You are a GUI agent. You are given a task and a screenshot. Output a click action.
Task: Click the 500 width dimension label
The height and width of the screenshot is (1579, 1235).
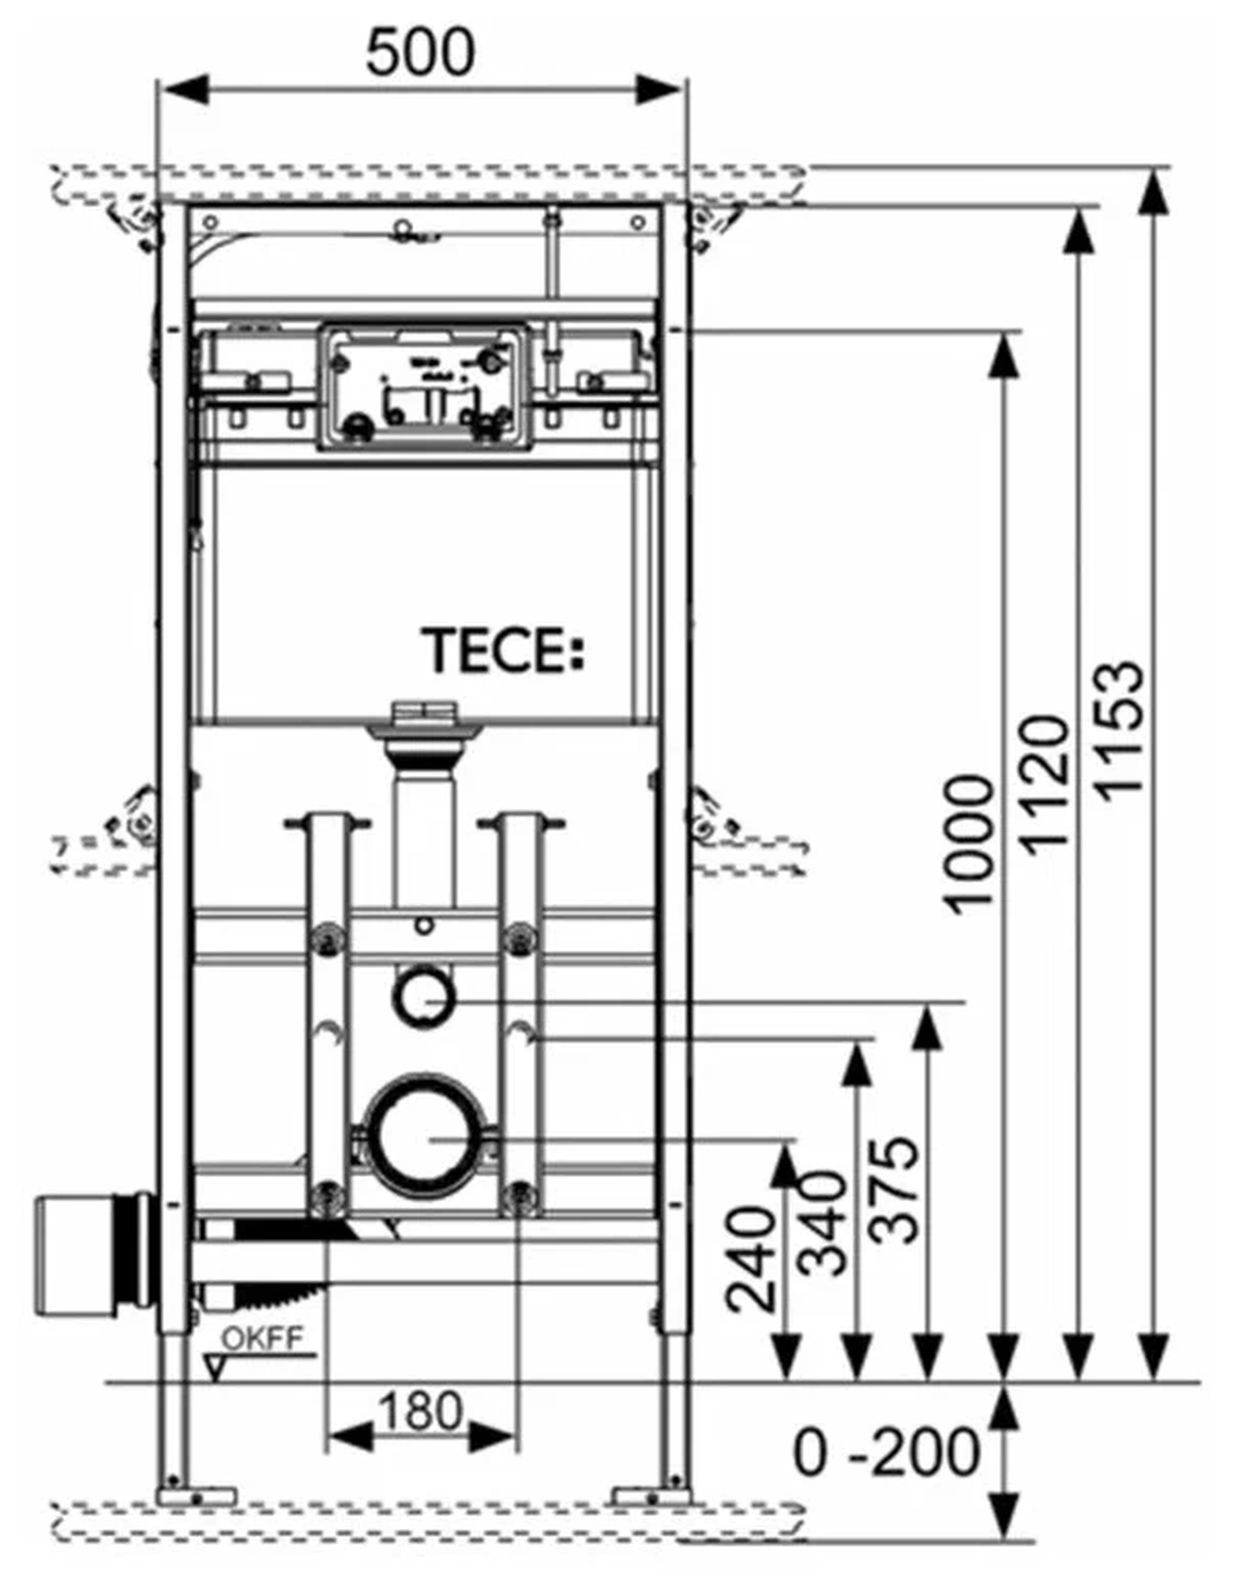pyautogui.click(x=420, y=52)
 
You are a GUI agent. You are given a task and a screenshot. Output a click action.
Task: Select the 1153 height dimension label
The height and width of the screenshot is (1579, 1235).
pyautogui.click(x=1120, y=730)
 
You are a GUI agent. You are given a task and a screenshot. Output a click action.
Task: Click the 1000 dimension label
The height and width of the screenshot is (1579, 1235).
pyautogui.click(x=970, y=845)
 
